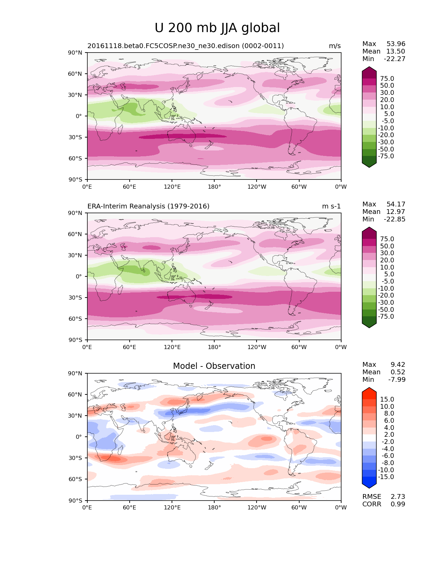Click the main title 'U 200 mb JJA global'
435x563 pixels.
pyautogui.click(x=217, y=28)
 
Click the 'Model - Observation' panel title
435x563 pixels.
pyautogui.click(x=214, y=366)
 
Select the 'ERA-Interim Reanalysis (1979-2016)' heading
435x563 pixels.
pyautogui.click(x=148, y=206)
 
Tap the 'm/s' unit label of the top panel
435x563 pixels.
pyautogui.click(x=335, y=46)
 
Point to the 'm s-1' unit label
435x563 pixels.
pyautogui.click(x=331, y=206)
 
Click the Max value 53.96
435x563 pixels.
pyautogui.click(x=396, y=44)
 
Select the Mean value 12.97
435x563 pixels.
pyautogui.click(x=395, y=212)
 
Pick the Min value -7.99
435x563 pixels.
pyautogui.click(x=397, y=379)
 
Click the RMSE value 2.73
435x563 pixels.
pyautogui.click(x=398, y=496)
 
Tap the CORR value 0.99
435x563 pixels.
pyautogui.click(x=398, y=504)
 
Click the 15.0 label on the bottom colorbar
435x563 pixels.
pyautogui.click(x=387, y=399)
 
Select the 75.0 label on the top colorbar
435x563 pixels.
pyautogui.click(x=387, y=78)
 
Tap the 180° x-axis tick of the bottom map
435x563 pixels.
pyautogui.click(x=214, y=507)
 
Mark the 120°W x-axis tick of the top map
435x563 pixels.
pyautogui.click(x=257, y=187)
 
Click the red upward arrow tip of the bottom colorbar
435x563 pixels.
pyautogui.click(x=369, y=389)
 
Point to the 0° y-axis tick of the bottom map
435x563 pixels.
pyautogui.click(x=79, y=437)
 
